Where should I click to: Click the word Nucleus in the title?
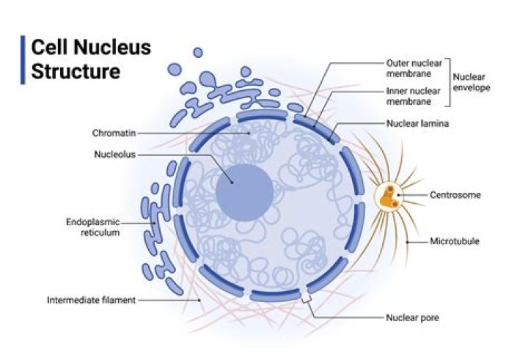click(x=112, y=46)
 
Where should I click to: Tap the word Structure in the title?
click(x=76, y=71)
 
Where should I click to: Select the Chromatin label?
click(x=114, y=133)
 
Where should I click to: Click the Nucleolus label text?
click(x=115, y=155)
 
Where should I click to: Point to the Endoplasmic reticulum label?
click(x=93, y=227)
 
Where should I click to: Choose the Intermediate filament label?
click(x=91, y=300)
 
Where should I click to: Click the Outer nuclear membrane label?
click(x=414, y=68)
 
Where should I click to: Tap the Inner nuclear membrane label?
click(x=413, y=96)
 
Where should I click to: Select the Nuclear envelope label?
click(x=472, y=82)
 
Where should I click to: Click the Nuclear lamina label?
click(x=417, y=124)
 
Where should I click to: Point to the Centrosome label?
click(x=455, y=195)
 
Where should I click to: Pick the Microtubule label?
click(x=455, y=241)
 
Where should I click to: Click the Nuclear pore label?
click(x=412, y=317)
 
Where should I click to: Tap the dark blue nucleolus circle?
click(x=244, y=193)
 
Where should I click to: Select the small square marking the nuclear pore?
click(x=306, y=298)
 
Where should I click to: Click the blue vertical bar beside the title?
click(x=23, y=59)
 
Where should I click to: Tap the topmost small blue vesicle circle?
click(x=198, y=53)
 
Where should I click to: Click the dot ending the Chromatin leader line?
click(x=249, y=133)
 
